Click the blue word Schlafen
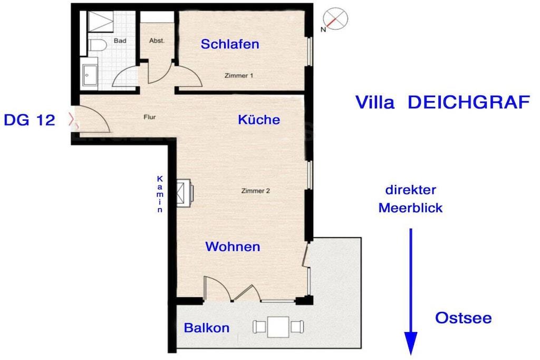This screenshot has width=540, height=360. click(230, 44)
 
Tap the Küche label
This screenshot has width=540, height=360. click(259, 120)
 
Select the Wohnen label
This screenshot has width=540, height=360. click(233, 247)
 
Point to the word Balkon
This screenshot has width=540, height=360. click(207, 328)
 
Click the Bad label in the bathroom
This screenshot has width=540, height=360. click(120, 41)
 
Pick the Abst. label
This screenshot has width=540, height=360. click(157, 41)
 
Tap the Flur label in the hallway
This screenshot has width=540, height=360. click(149, 117)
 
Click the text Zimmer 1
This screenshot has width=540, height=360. click(239, 75)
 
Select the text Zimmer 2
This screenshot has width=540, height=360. click(255, 191)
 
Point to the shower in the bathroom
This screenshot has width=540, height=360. click(101, 21)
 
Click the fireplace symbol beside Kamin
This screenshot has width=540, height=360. click(184, 193)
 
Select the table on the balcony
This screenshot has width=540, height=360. click(278, 327)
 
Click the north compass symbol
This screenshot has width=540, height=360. click(335, 19)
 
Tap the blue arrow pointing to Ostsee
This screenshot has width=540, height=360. click(410, 291)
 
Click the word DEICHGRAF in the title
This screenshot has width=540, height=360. click(469, 102)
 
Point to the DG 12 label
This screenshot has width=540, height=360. click(30, 120)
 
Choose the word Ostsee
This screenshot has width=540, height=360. click(463, 318)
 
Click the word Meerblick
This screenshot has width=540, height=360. click(410, 208)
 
